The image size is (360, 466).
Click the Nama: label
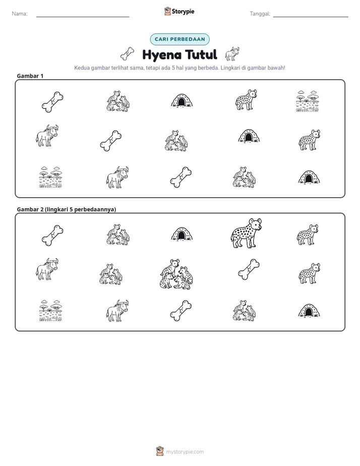(20, 14)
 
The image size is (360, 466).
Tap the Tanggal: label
(260, 14)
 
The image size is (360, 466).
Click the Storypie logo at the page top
(179, 11)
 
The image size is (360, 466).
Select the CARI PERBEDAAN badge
(179, 39)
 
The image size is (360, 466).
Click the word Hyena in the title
(162, 55)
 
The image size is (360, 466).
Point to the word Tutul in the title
(201, 54)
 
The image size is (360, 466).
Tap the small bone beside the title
(127, 54)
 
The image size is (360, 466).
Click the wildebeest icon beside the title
(232, 54)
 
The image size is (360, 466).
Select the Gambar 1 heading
(30, 76)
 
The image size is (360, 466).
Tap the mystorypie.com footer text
(185, 452)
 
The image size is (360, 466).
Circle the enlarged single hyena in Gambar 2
(246, 234)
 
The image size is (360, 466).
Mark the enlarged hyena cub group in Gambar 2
(176, 274)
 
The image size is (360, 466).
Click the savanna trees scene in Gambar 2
(51, 311)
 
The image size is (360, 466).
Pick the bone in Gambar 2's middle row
(249, 269)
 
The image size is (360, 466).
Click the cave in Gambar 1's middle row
(249, 136)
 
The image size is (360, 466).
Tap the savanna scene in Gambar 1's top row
(308, 101)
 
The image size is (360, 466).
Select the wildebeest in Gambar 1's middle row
(47, 136)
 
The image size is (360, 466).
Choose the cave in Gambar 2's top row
(182, 234)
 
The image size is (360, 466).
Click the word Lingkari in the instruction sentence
(230, 68)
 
